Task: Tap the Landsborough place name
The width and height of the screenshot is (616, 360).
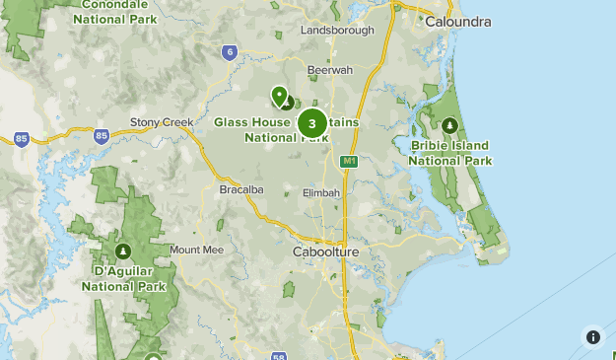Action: pos(337,31)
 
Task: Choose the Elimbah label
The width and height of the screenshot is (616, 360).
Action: pos(321,192)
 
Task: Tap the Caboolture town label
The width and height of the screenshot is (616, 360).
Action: pos(326,252)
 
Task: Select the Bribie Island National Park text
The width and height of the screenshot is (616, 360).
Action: pos(450,153)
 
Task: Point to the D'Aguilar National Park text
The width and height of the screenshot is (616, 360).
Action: pos(122,278)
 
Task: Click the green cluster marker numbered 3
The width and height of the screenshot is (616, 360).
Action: pos(312,123)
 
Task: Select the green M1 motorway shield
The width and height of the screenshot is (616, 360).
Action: pos(347,161)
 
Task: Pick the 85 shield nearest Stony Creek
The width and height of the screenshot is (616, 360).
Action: pos(101,135)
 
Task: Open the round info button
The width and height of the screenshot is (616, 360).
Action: pos(592,336)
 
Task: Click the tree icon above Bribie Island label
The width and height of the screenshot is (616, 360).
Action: pos(450,125)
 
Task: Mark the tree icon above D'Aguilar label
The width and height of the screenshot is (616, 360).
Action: pos(123,251)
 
